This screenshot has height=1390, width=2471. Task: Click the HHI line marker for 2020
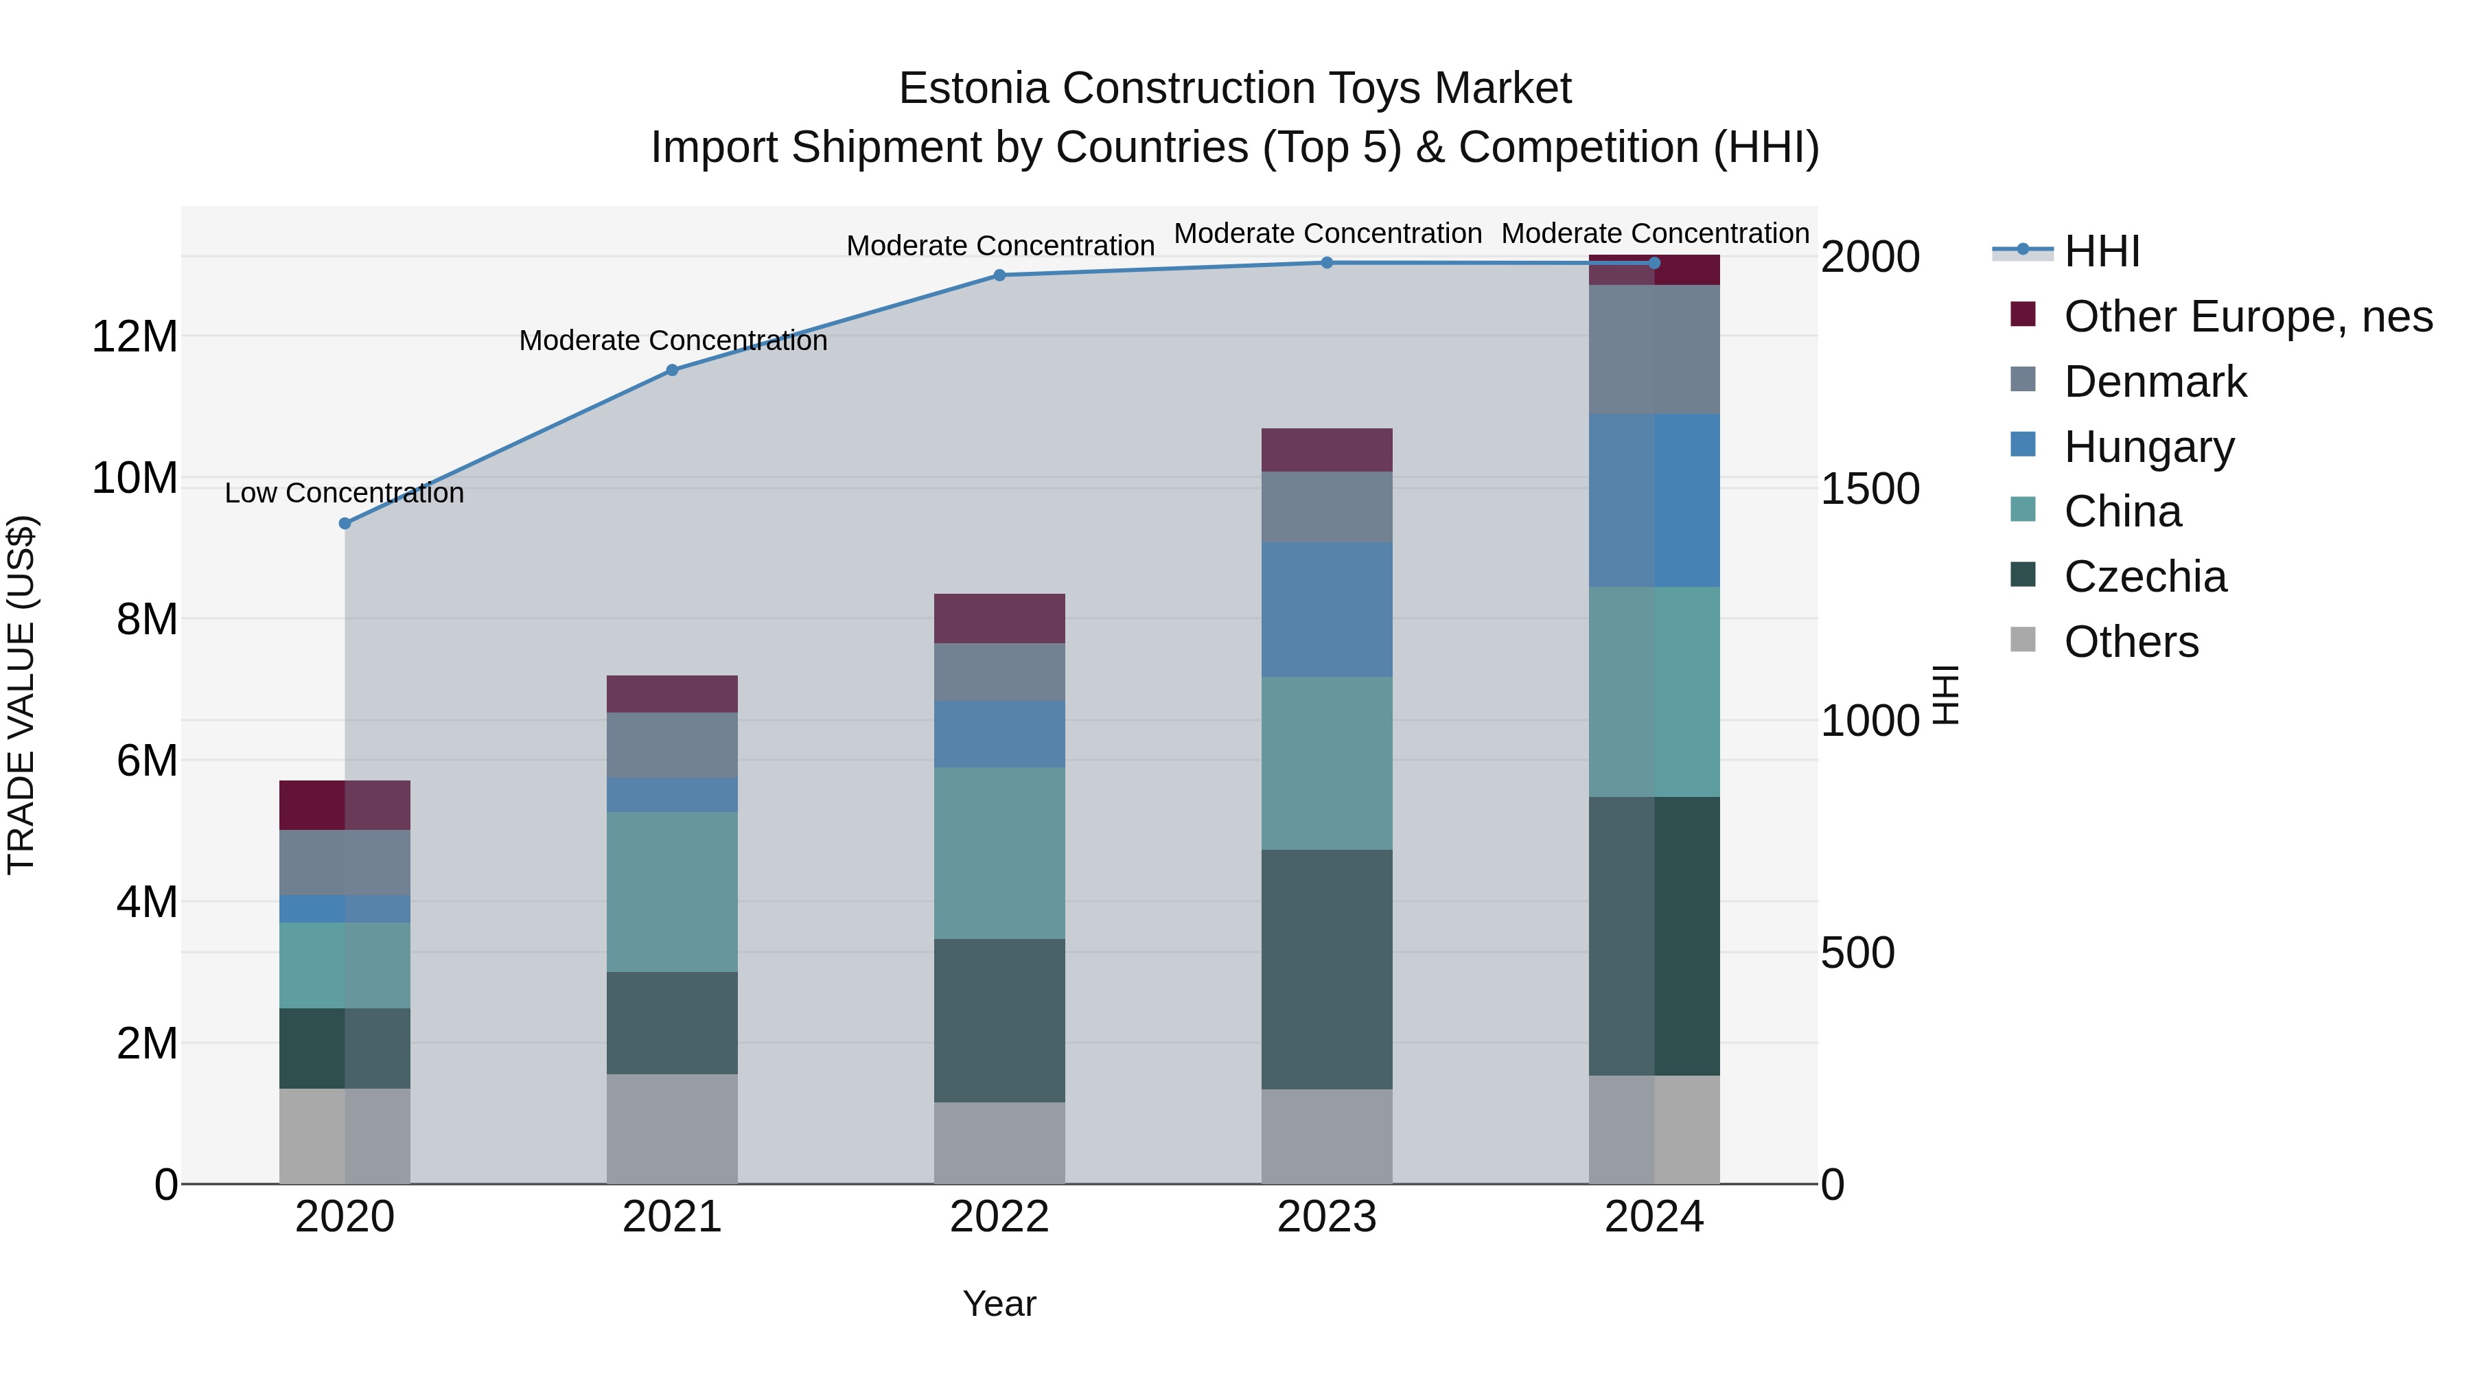point(345,523)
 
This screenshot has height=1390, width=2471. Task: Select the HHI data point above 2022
point(999,275)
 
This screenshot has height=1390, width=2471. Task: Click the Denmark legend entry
point(2155,382)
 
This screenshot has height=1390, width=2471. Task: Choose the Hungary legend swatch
point(2023,445)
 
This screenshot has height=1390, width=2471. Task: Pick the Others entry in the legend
point(2131,642)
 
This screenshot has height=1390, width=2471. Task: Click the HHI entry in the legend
point(2102,251)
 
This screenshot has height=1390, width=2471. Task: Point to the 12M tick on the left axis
point(135,338)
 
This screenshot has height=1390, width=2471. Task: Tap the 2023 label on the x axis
point(1327,1217)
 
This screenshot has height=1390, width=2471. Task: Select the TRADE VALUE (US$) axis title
point(21,695)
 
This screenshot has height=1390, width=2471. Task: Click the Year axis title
point(999,1304)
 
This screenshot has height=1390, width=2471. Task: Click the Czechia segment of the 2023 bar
point(1327,969)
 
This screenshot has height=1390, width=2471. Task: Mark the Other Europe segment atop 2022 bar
point(999,618)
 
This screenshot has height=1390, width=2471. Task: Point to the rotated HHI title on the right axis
point(1945,695)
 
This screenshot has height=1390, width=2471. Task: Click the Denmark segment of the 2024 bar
point(1654,349)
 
